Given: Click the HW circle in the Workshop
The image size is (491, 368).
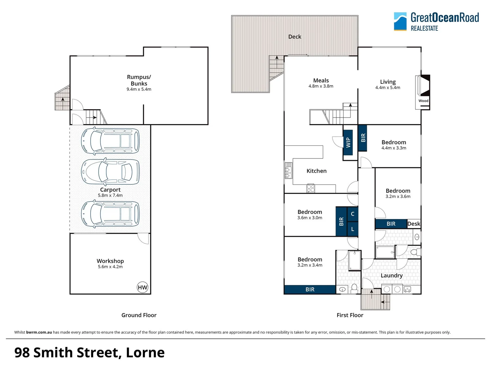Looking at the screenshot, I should click(x=143, y=287).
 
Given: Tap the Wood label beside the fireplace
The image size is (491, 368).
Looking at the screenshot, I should click(x=423, y=101).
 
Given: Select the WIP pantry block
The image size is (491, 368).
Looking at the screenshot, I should click(x=348, y=142).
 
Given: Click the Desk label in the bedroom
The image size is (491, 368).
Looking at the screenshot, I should click(x=414, y=224).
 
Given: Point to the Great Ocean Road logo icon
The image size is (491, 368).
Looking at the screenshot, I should click(x=400, y=21).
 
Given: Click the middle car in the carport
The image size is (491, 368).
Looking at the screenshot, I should click(x=110, y=172).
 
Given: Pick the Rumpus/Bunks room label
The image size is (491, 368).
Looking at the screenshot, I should click(x=139, y=80).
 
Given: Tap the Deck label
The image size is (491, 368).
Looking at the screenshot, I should click(x=295, y=37).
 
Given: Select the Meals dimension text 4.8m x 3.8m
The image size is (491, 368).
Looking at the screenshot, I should click(x=321, y=86).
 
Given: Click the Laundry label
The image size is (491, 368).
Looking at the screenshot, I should click(x=391, y=275).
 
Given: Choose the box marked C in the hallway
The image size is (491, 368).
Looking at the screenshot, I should click(x=353, y=214).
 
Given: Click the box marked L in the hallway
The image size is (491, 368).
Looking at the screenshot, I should click(x=353, y=229).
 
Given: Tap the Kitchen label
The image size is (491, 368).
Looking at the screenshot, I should click(x=316, y=171).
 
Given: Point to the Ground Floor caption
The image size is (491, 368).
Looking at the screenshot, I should click(x=139, y=315).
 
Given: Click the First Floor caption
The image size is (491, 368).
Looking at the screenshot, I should click(x=350, y=315).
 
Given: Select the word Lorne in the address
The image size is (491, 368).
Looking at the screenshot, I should click(x=145, y=352).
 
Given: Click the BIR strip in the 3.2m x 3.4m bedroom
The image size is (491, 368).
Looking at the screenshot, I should click(x=310, y=290).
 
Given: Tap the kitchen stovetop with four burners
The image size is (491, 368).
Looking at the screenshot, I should click(x=311, y=188).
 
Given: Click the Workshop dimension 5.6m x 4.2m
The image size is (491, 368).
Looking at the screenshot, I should click(x=110, y=267).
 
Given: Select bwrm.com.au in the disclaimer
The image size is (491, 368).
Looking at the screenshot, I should click(x=39, y=332).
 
